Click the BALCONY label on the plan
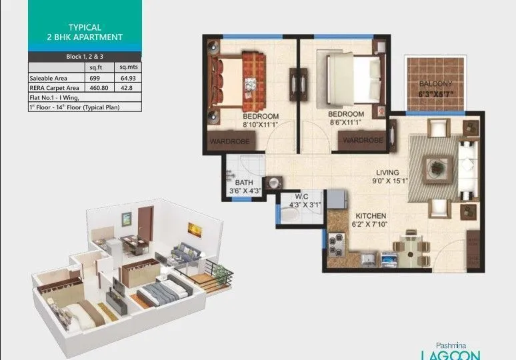435,84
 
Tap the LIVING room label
389,170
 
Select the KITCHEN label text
370,217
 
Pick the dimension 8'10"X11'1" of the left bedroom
261,125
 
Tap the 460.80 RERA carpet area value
98,87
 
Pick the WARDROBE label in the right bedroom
363,141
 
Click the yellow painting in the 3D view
195,229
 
